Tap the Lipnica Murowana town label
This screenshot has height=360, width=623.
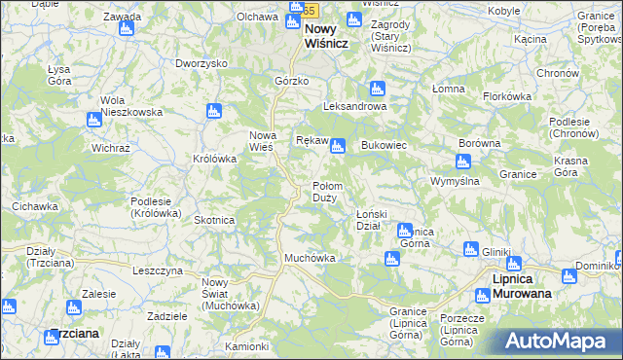pyautogui.click(x=520, y=285)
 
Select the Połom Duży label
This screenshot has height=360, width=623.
pyautogui.click(x=324, y=192)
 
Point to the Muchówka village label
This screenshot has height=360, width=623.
pyautogui.click(x=310, y=258)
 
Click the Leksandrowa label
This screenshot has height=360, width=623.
pyautogui.click(x=355, y=106)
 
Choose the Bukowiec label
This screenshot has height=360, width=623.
pyautogui.click(x=384, y=145)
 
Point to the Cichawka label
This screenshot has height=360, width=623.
pyautogui.click(x=34, y=206)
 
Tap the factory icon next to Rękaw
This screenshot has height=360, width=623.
pyautogui.click(x=337, y=148)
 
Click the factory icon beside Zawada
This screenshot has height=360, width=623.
pyautogui.click(x=126, y=29)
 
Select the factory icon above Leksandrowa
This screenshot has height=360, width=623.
pyautogui.click(x=377, y=89)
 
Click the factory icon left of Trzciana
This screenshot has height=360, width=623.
pyautogui.click(x=9, y=307)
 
